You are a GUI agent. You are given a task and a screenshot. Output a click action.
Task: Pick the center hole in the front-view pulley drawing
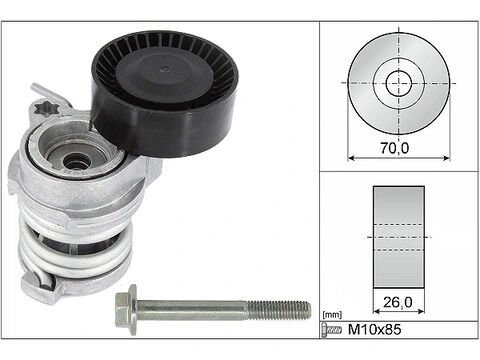pos(400,82)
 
